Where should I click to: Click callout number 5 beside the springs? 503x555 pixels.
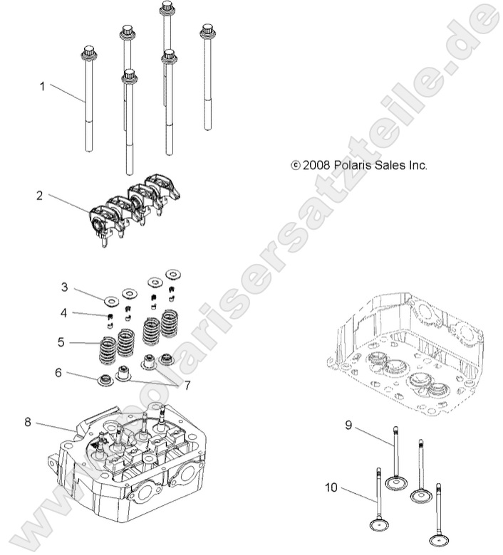62,342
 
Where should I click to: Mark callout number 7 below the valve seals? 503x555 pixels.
188,386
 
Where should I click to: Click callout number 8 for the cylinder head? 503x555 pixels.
28,422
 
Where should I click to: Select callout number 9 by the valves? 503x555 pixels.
349,425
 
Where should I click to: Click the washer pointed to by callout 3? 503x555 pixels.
110,298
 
